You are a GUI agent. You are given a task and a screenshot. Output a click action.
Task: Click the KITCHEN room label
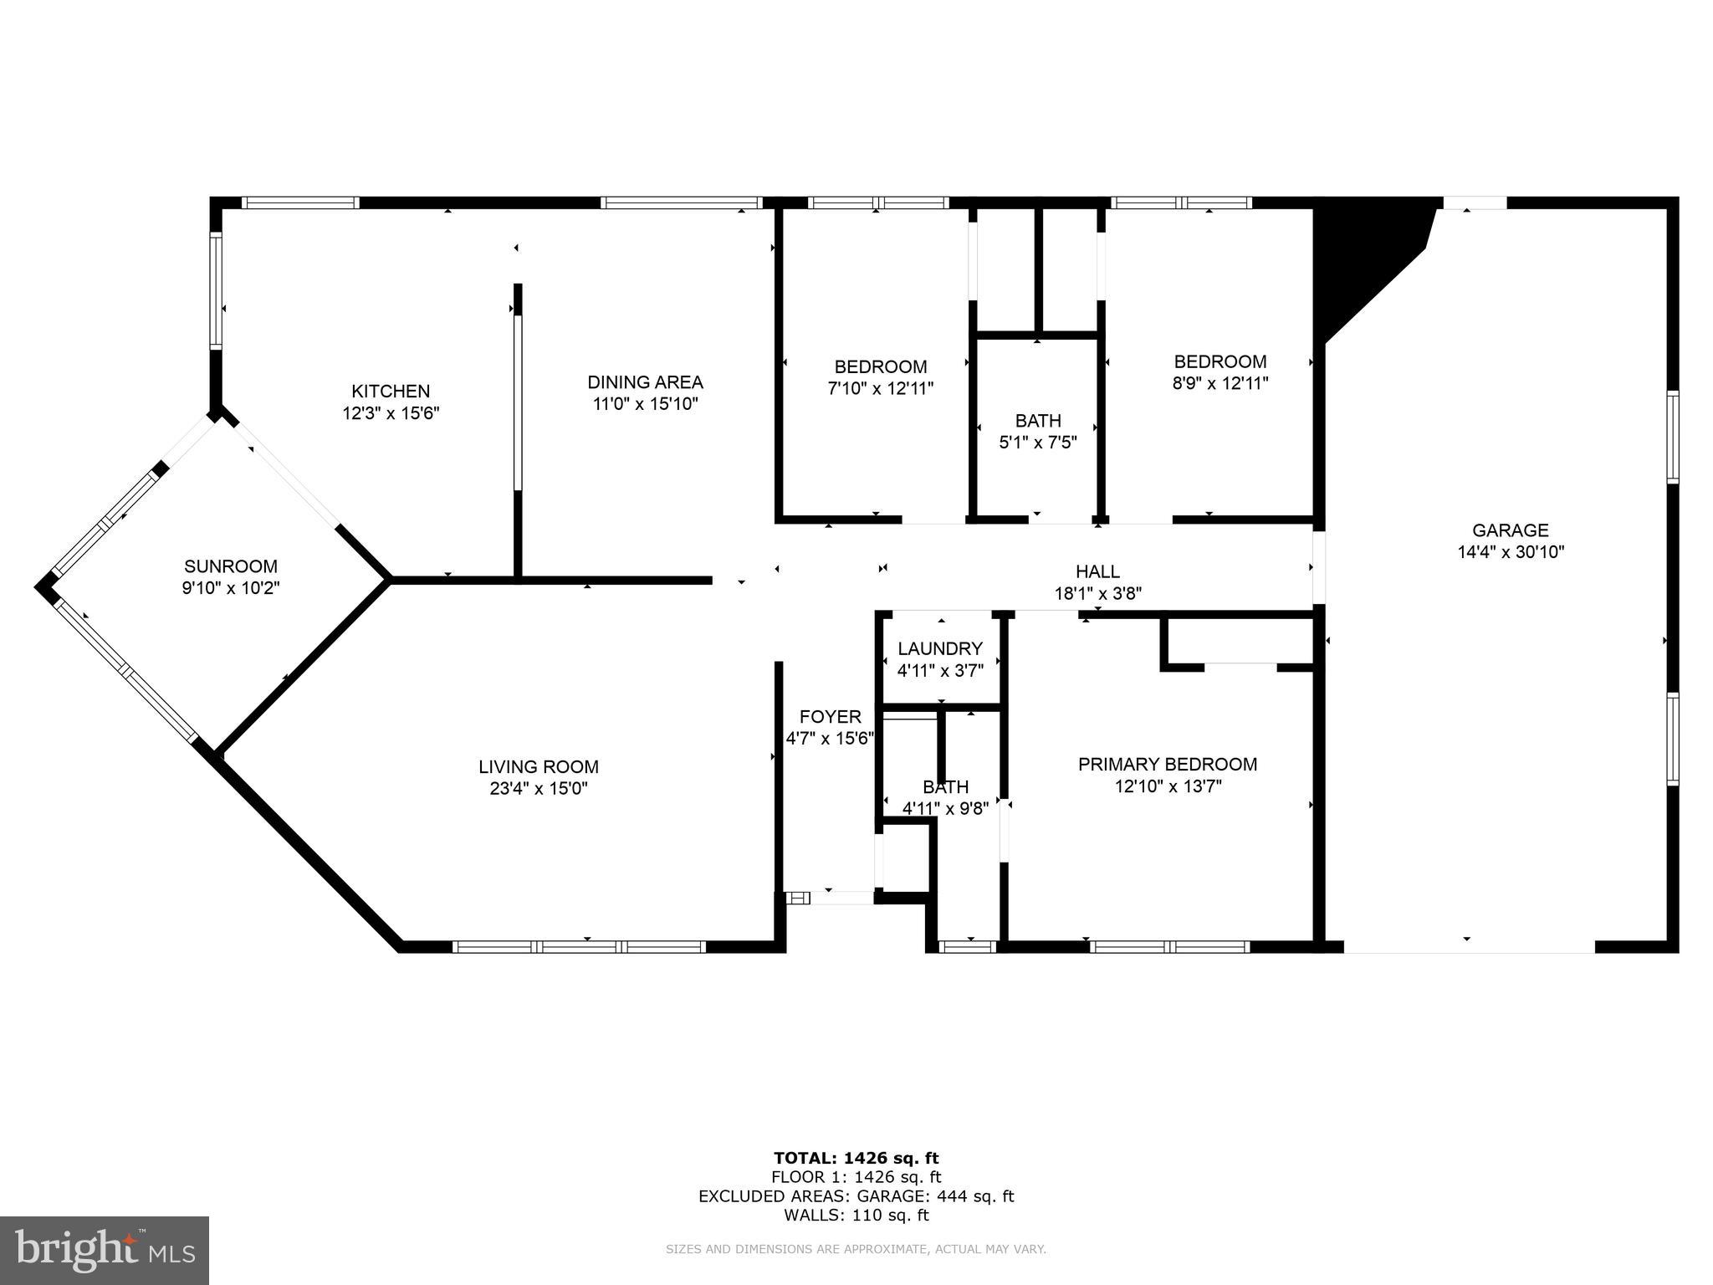point(391,391)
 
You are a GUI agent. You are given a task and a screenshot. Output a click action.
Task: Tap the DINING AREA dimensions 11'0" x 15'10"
point(645,404)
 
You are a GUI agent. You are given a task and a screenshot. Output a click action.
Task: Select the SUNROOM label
point(231,566)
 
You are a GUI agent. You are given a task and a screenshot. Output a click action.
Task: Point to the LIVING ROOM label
point(539,766)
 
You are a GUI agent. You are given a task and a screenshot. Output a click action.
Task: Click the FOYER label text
point(830,717)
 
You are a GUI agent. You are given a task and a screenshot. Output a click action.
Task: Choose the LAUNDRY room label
point(940,648)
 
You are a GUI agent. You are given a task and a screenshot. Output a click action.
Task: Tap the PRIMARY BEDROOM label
point(1168,764)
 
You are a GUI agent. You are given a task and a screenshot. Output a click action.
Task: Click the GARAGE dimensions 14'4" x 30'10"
point(1511,552)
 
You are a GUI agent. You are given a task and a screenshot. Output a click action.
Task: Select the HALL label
point(1097,571)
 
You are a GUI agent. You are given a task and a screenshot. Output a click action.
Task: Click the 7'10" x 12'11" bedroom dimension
point(881,388)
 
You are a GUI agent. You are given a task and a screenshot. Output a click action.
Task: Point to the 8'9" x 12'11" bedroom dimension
point(1220,383)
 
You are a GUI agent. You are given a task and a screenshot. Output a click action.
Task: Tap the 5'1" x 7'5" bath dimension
point(1038,443)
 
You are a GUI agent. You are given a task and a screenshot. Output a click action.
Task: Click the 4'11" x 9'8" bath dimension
point(945,809)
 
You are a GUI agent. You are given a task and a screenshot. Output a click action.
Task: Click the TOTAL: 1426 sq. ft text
point(856,1158)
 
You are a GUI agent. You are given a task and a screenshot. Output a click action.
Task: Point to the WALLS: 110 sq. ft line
point(856,1215)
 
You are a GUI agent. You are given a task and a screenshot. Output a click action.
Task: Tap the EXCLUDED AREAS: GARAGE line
point(856,1196)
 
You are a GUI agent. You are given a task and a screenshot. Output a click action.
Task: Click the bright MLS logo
point(105,1251)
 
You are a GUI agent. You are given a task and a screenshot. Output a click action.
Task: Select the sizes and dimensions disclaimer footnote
point(856,1249)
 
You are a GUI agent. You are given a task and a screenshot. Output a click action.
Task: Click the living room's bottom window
point(580,947)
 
